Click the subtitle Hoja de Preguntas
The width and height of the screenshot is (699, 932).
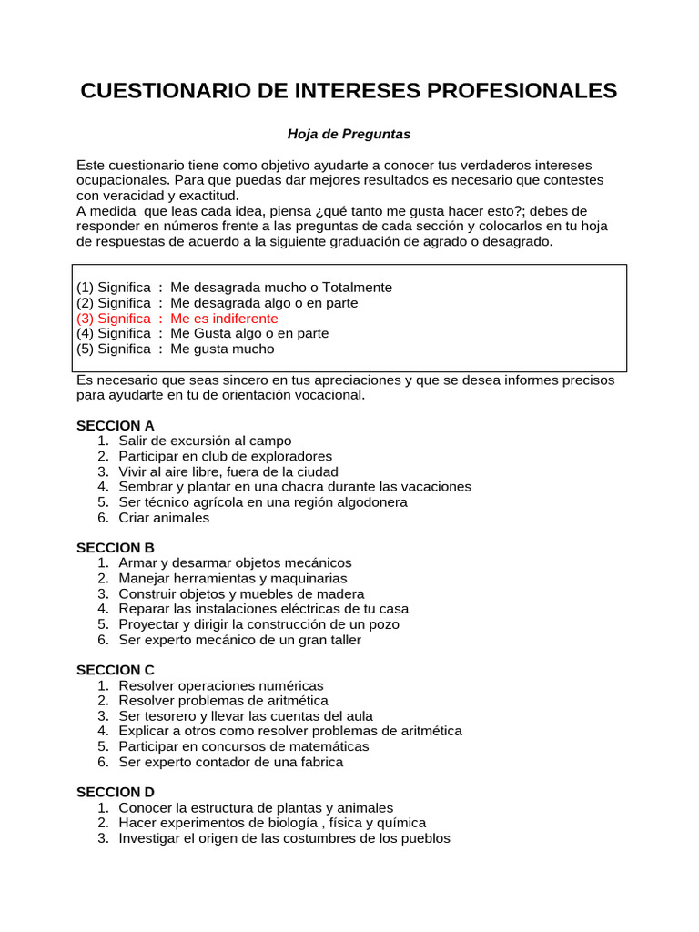click(349, 135)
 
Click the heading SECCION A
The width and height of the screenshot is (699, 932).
click(116, 426)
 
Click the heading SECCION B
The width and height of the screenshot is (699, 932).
click(116, 548)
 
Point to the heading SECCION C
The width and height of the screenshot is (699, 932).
click(116, 670)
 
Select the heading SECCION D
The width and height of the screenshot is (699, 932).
click(116, 792)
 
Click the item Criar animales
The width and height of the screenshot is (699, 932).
click(164, 518)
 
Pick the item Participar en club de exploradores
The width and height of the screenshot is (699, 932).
click(225, 456)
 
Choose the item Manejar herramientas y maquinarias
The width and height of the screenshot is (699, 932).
click(232, 579)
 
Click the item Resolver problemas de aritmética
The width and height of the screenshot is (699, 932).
click(223, 701)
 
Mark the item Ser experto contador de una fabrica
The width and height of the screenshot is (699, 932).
click(230, 762)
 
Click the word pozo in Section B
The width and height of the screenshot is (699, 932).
click(383, 624)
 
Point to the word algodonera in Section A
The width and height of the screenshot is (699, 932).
click(373, 502)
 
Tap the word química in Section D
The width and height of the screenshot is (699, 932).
click(420, 823)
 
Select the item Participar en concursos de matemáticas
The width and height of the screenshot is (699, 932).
click(243, 746)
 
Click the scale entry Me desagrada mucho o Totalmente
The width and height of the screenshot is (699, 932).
click(235, 288)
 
